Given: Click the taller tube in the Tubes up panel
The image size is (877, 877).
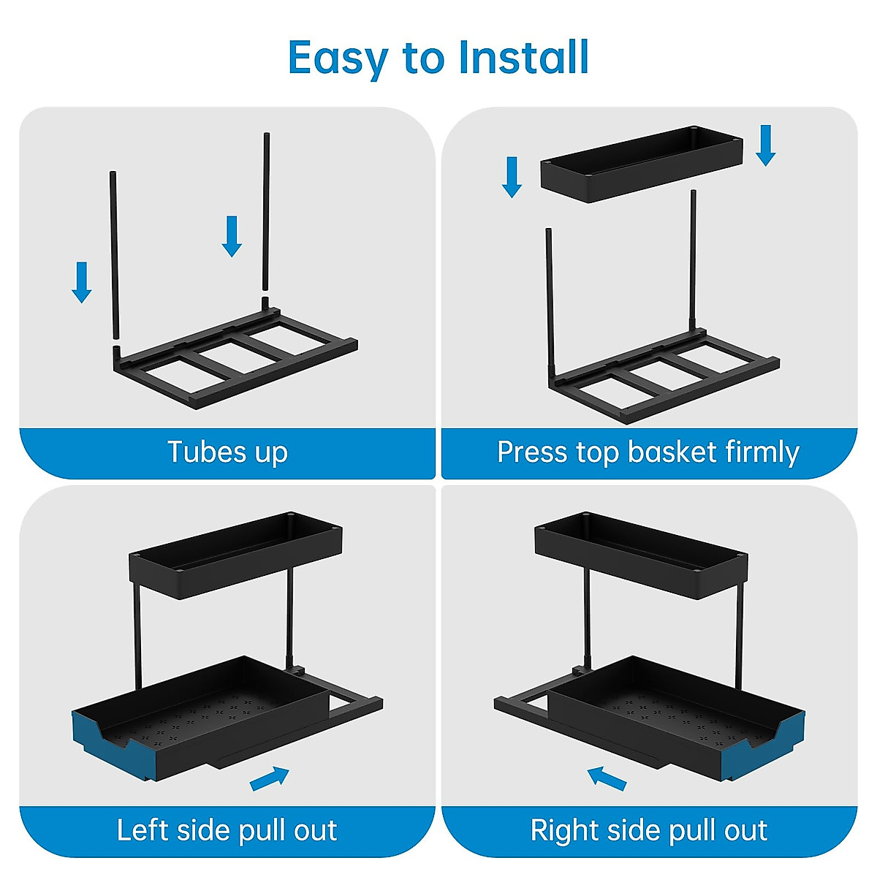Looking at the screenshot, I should pyautogui.click(x=266, y=212).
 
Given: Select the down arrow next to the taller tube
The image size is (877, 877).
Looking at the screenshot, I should pyautogui.click(x=232, y=236).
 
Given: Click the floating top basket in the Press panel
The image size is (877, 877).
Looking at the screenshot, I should pyautogui.click(x=642, y=164).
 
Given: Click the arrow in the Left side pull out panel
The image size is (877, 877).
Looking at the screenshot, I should pyautogui.click(x=270, y=779).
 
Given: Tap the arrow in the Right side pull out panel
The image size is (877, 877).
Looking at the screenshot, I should pyautogui.click(x=607, y=778).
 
